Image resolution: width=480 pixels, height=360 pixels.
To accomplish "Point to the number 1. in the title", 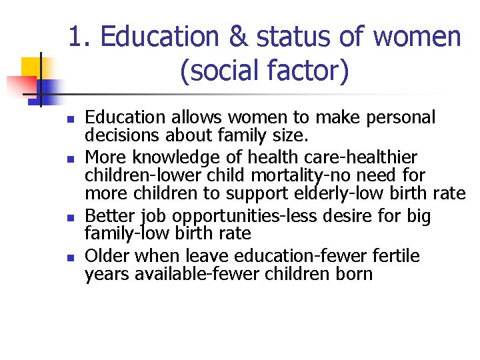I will (80, 37).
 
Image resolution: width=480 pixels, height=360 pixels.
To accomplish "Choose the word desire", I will (341, 217).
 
